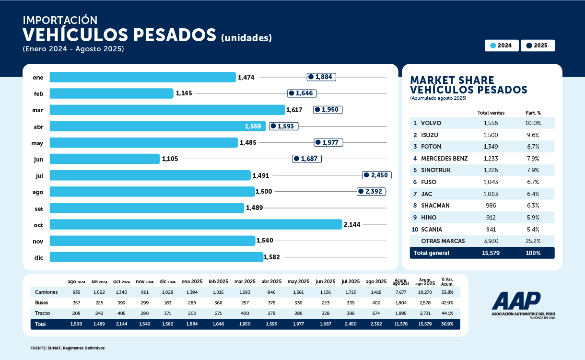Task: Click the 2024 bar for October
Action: pyautogui.click(x=196, y=224)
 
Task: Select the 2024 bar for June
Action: pyautogui.click(x=105, y=159)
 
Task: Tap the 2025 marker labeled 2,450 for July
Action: pyautogui.click(x=377, y=175)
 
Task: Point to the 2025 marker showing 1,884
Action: pyautogui.click(x=321, y=77)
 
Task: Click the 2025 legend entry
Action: pyautogui.click(x=538, y=46)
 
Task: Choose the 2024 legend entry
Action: pyautogui.click(x=502, y=46)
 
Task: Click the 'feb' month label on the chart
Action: pyautogui.click(x=38, y=94)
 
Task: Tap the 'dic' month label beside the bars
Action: pyautogui.click(x=38, y=257)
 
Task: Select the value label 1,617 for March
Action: pyautogui.click(x=294, y=110)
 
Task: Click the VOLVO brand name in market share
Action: pyautogui.click(x=431, y=123)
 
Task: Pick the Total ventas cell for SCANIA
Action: pyautogui.click(x=491, y=229)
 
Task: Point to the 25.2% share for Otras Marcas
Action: pyautogui.click(x=532, y=241)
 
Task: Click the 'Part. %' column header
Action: pyautogui.click(x=533, y=113)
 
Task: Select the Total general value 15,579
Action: pyautogui.click(x=491, y=253)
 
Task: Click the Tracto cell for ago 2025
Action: pyautogui.click(x=376, y=313)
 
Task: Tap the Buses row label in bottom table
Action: pyautogui.click(x=42, y=302)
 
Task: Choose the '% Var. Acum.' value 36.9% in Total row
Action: pyautogui.click(x=447, y=324)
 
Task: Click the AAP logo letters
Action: pyautogui.click(x=516, y=301)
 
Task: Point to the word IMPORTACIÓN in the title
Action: pyautogui.click(x=60, y=21)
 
